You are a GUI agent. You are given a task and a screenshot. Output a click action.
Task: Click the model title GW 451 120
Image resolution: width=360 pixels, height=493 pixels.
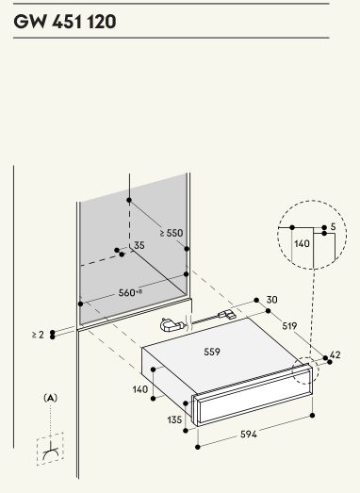[x=65, y=22]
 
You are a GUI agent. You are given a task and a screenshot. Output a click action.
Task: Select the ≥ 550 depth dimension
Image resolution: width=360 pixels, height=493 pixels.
[x=172, y=233]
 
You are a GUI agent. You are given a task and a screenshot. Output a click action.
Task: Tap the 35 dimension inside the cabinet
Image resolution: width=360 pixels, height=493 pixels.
[x=139, y=245]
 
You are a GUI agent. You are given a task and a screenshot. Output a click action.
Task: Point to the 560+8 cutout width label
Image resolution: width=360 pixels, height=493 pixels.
[x=130, y=293]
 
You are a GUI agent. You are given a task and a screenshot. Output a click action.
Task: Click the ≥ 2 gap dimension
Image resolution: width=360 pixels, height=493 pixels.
[x=38, y=335]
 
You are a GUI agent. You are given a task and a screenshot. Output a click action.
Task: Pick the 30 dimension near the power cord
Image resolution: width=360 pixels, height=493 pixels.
[x=272, y=300]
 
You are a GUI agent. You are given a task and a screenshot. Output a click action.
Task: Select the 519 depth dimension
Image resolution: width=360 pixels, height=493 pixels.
[x=289, y=326]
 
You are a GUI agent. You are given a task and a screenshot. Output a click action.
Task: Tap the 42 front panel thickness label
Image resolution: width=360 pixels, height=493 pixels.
[x=335, y=355]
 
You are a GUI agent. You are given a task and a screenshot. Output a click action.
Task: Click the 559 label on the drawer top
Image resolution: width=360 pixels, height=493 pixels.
[x=212, y=352]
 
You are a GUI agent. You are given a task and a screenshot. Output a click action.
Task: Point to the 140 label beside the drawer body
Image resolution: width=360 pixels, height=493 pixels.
[x=140, y=389]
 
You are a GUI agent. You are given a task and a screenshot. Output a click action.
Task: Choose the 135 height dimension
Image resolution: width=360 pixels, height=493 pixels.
[x=174, y=419]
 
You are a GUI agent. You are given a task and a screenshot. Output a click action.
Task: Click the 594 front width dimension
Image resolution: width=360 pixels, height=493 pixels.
[x=249, y=435]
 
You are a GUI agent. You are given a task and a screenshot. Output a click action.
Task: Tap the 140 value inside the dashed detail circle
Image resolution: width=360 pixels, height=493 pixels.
[x=302, y=243]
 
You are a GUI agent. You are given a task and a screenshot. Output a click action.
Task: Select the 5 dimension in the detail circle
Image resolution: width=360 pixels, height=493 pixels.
[x=334, y=226]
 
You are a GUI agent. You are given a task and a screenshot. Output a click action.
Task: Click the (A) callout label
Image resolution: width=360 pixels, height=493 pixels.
[x=50, y=398]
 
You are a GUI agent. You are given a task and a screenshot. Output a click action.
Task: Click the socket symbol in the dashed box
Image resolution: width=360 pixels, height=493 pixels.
[x=50, y=450]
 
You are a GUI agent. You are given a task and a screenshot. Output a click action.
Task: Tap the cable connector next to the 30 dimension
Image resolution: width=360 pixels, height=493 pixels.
[x=226, y=315]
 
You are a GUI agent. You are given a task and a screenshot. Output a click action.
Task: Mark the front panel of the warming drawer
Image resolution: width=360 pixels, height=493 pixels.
[x=254, y=395]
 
